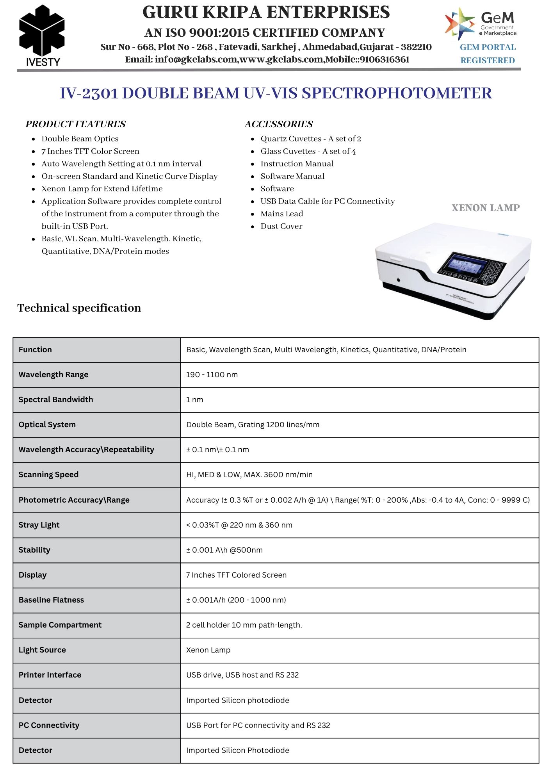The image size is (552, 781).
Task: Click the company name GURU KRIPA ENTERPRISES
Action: (266, 12)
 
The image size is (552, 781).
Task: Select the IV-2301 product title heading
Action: (276, 93)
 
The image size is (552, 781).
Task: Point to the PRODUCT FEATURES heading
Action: (75, 124)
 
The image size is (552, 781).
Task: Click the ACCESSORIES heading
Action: (278, 124)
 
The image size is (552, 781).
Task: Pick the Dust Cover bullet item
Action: (281, 226)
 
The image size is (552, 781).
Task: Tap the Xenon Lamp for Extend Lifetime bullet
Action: (102, 189)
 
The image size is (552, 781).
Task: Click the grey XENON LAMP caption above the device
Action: (485, 208)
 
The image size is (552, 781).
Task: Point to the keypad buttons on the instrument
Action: (494, 271)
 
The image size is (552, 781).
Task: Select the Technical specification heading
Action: (79, 308)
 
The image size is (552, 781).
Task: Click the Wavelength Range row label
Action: (53, 374)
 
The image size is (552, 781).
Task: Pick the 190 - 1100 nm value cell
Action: (212, 374)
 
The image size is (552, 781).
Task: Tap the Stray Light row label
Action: (39, 525)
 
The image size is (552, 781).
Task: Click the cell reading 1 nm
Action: (195, 399)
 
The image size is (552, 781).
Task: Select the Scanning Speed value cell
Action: (249, 474)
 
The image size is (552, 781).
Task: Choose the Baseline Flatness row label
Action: (51, 600)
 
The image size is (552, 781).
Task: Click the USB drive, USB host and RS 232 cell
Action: (242, 675)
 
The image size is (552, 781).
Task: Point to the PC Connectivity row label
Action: (49, 725)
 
